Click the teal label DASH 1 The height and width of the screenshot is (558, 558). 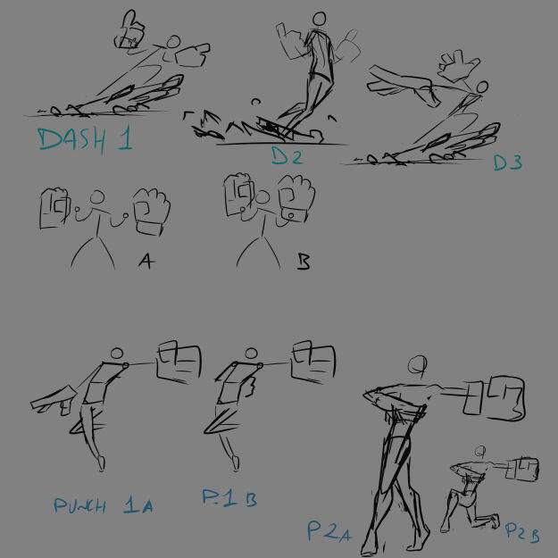pos(85,140)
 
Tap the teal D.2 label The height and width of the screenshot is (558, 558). pos(287,155)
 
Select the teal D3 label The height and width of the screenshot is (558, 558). pos(508,162)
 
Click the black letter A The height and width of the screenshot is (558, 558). pos(146,262)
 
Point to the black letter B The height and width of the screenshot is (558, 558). pos(303,262)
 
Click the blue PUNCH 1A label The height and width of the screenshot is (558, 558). pos(104,505)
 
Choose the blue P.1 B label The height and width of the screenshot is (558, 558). pos(229,497)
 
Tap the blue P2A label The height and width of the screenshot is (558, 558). pos(329,531)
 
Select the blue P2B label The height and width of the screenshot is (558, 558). pos(522,532)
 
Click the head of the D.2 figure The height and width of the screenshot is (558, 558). pos(320,19)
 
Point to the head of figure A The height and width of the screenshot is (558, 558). pos(97,197)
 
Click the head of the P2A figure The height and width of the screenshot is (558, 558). pos(417,364)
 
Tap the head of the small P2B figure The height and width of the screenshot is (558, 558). pos(480,451)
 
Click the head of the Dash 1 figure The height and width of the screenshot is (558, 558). pos(173,42)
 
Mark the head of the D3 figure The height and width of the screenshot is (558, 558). pos(482,87)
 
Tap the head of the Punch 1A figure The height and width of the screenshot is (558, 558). pos(116,354)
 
